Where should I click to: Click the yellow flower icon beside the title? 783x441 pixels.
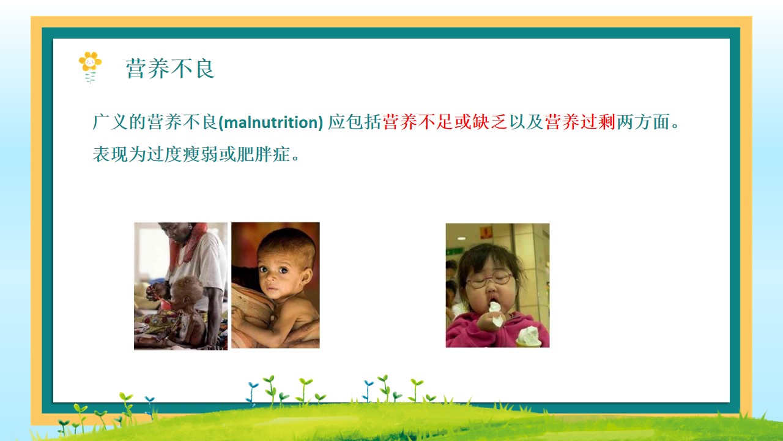point(90,67)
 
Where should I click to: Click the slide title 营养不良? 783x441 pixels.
point(170,69)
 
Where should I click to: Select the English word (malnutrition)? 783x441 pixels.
point(271,123)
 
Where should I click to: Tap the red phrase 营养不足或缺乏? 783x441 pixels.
point(445,122)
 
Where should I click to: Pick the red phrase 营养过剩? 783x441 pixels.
point(581,122)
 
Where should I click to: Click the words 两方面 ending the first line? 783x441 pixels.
point(643,122)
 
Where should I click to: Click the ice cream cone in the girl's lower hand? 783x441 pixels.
point(528,337)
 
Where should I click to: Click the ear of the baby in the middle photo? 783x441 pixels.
point(307,278)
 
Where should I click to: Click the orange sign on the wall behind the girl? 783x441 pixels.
point(486,232)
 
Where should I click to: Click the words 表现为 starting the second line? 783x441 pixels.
point(119,154)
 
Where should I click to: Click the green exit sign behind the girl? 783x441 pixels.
point(455,252)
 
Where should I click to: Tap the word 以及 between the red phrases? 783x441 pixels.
point(526,122)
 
